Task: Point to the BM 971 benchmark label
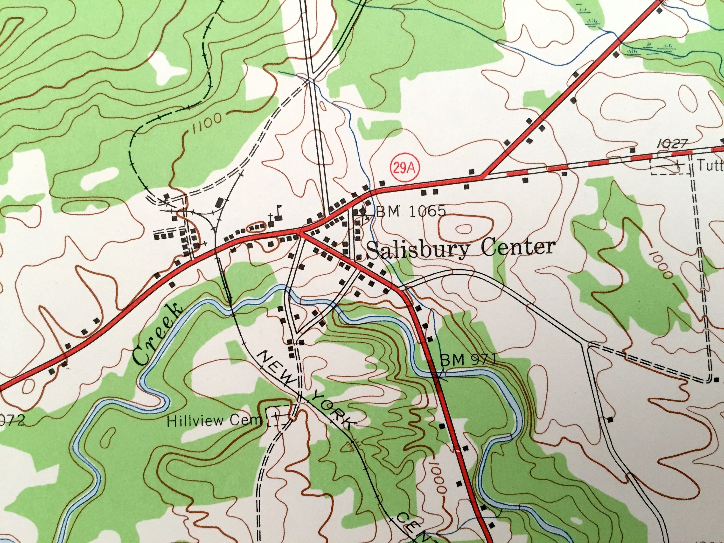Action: [x=468, y=361]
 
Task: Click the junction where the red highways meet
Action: [x=300, y=232]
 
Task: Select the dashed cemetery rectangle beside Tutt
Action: [x=669, y=167]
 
